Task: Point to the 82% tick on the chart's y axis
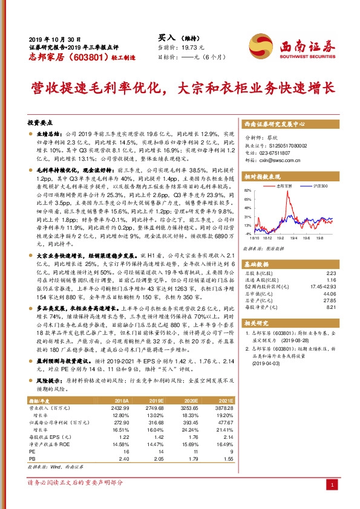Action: coord(247,190)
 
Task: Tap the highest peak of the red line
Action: coord(289,195)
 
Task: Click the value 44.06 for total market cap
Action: coord(327,293)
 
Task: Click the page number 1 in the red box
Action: coord(332,485)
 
